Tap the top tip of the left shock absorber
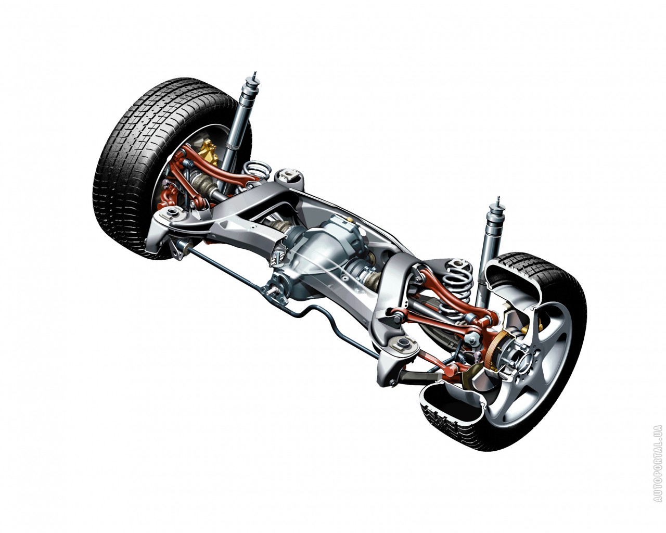[254, 73]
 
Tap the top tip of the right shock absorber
[497, 198]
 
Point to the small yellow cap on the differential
[350, 219]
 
